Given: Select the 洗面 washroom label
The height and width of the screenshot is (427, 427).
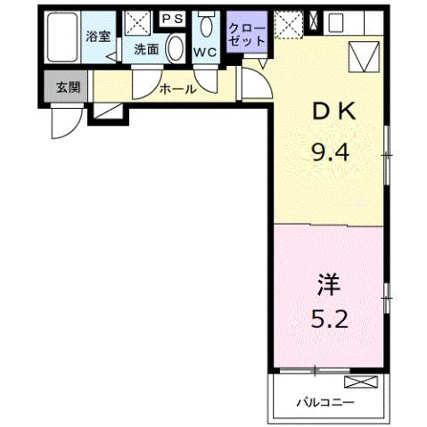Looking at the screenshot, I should coord(146,50).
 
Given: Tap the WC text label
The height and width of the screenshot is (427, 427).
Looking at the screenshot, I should coord(205,51).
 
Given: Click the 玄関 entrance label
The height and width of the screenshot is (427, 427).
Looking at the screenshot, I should coord(67,87).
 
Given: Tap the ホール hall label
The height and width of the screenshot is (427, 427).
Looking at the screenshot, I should coord(177,88).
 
